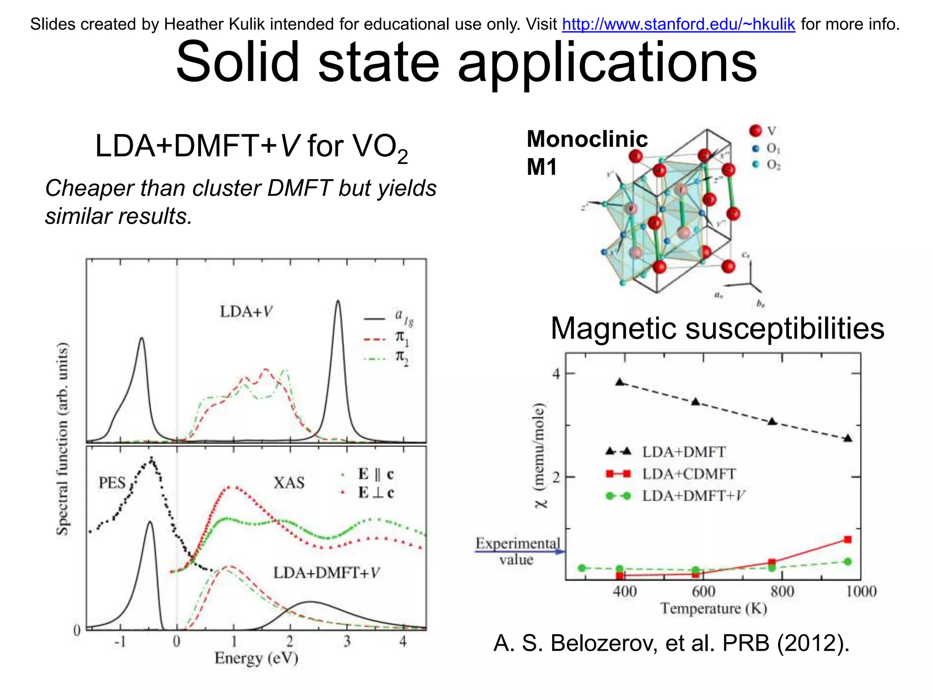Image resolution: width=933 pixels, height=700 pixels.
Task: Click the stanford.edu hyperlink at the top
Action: click(678, 24)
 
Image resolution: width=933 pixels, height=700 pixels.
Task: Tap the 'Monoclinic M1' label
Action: click(586, 153)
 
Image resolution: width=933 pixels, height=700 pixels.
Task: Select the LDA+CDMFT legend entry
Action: click(670, 474)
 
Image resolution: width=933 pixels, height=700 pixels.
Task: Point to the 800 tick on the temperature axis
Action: click(782, 592)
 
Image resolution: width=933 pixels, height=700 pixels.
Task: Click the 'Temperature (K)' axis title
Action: click(713, 608)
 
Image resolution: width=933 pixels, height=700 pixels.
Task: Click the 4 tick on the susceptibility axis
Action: click(556, 374)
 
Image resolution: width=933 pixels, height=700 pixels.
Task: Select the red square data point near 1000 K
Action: click(847, 540)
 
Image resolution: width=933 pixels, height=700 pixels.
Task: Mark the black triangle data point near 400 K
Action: click(620, 382)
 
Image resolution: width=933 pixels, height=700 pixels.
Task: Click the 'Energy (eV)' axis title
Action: click(256, 658)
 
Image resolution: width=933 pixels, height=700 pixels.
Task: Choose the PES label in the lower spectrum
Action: click(112, 483)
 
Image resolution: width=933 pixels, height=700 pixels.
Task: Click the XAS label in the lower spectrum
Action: click(289, 483)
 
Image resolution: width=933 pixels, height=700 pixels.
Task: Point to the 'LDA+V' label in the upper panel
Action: click(246, 312)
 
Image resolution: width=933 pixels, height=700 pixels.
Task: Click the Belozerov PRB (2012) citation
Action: click(671, 643)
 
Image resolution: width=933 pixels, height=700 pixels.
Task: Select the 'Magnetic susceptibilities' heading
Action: click(717, 328)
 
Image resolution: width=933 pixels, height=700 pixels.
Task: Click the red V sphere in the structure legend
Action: click(755, 131)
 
